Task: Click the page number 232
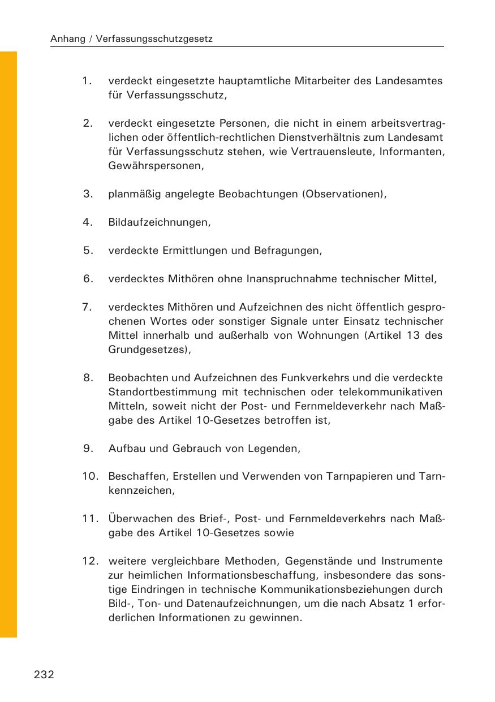tap(44, 674)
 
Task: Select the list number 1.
tap(87, 81)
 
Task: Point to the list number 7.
tap(87, 307)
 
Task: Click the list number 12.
tap(90, 561)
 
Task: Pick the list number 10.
tap(90, 476)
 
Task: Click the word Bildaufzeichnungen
tap(159, 222)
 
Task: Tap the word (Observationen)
tap(345, 194)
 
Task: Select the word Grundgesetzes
tap(149, 350)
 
